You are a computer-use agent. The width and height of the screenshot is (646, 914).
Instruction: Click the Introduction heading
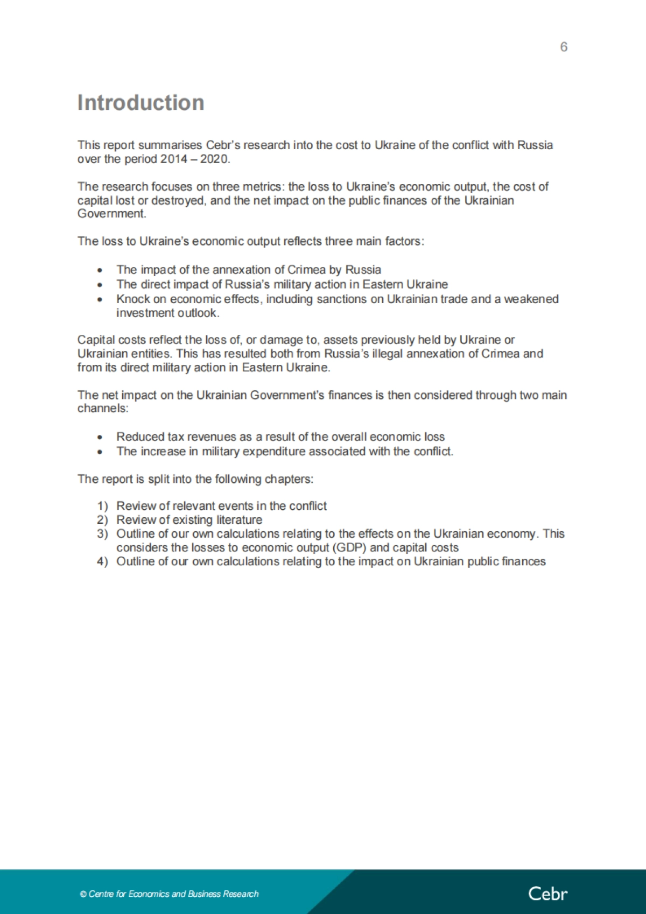pyautogui.click(x=141, y=103)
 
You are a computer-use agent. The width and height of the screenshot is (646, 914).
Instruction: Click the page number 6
pyautogui.click(x=564, y=47)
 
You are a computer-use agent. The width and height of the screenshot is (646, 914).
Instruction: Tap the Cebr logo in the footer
pyautogui.click(x=547, y=894)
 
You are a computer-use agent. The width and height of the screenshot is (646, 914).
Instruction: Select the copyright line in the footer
pyautogui.click(x=169, y=894)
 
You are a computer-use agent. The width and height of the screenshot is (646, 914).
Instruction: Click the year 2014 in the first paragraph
pyautogui.click(x=173, y=159)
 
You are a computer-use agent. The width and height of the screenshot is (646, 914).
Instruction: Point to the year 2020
pyautogui.click(x=215, y=159)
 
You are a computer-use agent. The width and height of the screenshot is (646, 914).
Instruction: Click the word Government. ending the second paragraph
pyautogui.click(x=111, y=214)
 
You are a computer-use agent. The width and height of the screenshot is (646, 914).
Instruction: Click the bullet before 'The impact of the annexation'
pyautogui.click(x=100, y=270)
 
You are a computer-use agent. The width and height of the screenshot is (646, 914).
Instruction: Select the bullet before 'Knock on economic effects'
pyautogui.click(x=100, y=299)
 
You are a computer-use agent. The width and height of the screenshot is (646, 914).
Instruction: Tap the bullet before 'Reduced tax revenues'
pyautogui.click(x=100, y=437)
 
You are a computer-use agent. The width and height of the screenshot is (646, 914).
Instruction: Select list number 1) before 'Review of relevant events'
pyautogui.click(x=102, y=506)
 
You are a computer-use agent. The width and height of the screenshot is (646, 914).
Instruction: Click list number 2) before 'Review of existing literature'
pyautogui.click(x=102, y=520)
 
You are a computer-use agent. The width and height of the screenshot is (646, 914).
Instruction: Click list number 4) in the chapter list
pyautogui.click(x=102, y=561)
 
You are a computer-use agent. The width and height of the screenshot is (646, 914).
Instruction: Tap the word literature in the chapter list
pyautogui.click(x=239, y=520)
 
